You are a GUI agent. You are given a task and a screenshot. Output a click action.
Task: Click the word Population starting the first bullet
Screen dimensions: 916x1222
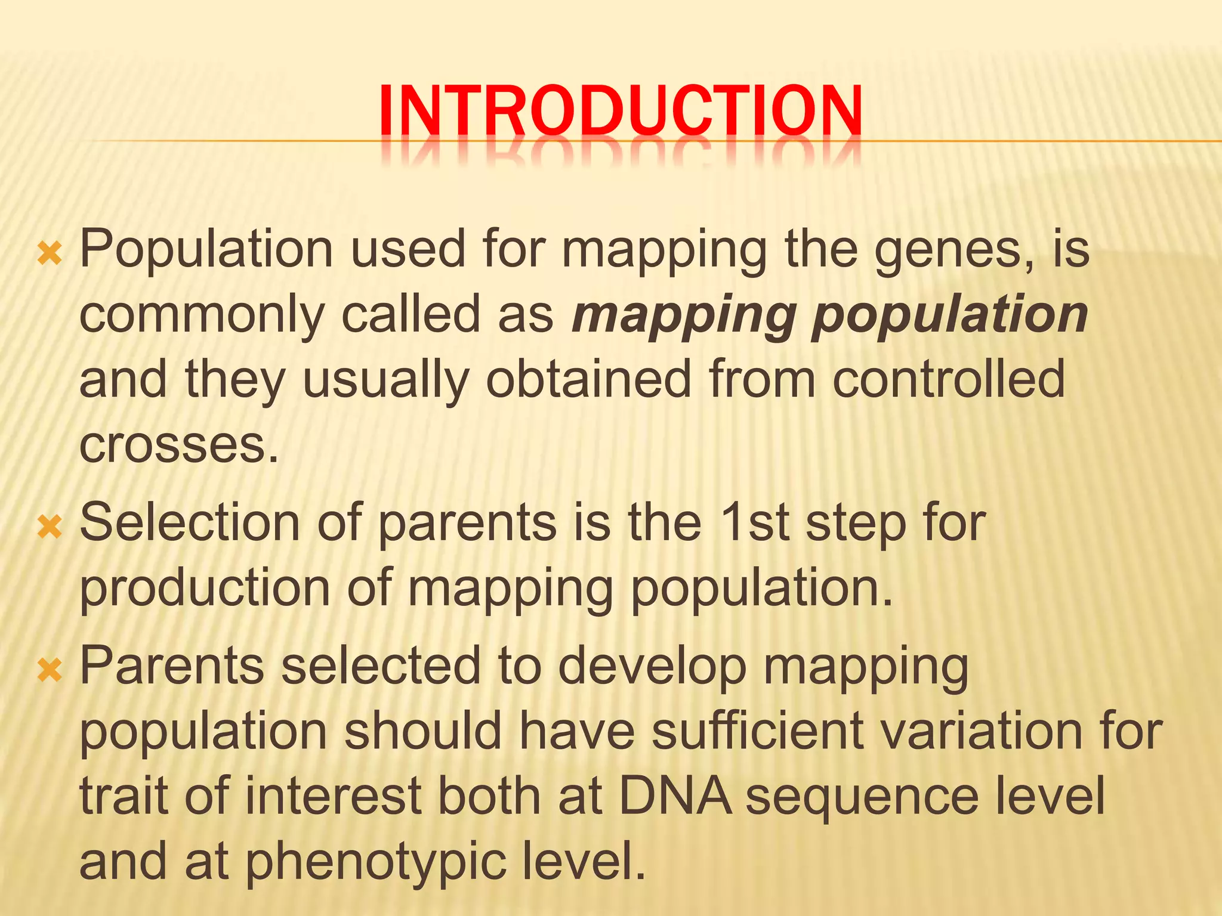pyautogui.click(x=206, y=249)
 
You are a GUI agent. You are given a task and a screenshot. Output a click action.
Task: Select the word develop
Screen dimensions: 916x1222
pyautogui.click(x=652, y=666)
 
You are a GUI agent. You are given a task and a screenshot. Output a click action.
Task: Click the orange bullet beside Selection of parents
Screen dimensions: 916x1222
pyautogui.click(x=50, y=527)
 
